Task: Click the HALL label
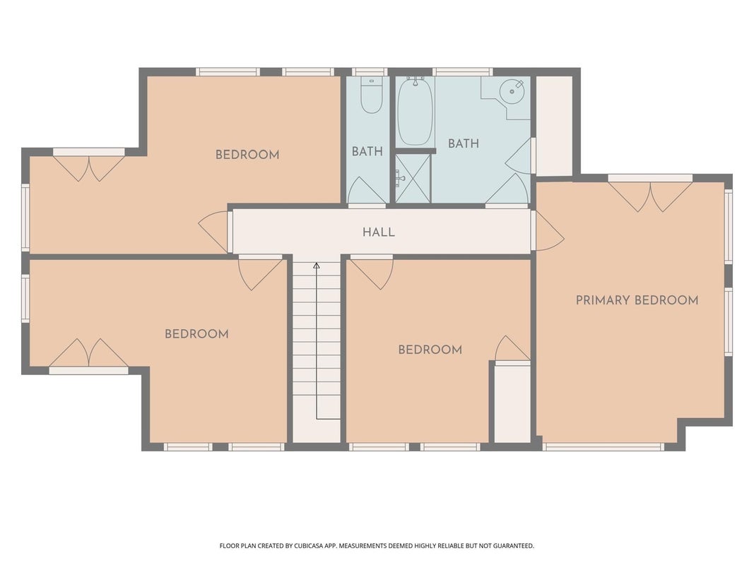[379, 232]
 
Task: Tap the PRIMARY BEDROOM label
[637, 300]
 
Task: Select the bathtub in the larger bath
[416, 111]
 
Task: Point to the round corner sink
[511, 90]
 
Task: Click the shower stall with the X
[413, 178]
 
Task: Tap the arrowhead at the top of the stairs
[317, 266]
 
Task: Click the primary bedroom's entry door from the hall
[550, 232]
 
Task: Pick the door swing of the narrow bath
[367, 190]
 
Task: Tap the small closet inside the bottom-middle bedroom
[512, 403]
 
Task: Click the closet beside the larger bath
[554, 126]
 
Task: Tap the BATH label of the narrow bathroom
[367, 151]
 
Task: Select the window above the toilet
[370, 72]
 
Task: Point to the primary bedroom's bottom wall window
[603, 447]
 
